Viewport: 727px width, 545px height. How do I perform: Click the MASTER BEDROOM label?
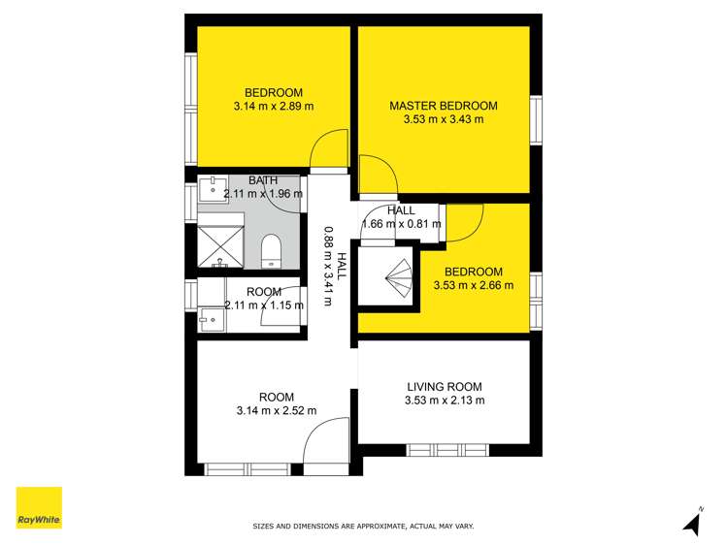coord(443,106)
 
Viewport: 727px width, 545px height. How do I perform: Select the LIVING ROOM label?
coord(444,387)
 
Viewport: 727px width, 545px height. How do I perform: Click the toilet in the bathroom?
coord(272,251)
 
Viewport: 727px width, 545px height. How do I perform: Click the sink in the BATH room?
coord(212,186)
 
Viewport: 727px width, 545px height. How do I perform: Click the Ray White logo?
coord(39,508)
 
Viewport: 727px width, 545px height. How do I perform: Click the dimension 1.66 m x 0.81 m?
coord(401,224)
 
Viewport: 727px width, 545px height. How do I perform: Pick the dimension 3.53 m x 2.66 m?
coord(473,285)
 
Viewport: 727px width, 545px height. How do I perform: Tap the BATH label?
coord(263,180)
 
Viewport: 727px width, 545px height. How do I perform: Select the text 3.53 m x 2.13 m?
coord(444,400)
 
